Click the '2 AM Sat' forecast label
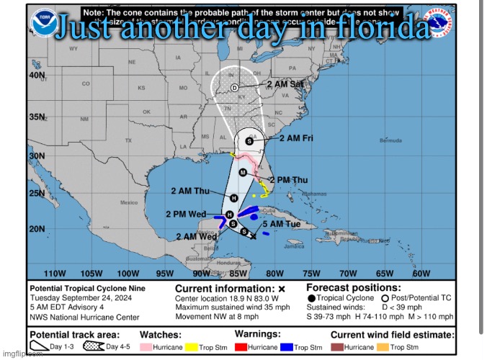point(285,84)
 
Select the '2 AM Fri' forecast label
point(296,138)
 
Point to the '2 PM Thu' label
point(289,180)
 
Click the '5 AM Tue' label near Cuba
point(281,225)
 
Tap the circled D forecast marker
point(234,87)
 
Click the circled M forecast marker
point(243,173)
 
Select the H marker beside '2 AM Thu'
point(233,198)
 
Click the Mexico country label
point(129,202)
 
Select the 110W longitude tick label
point(55,274)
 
